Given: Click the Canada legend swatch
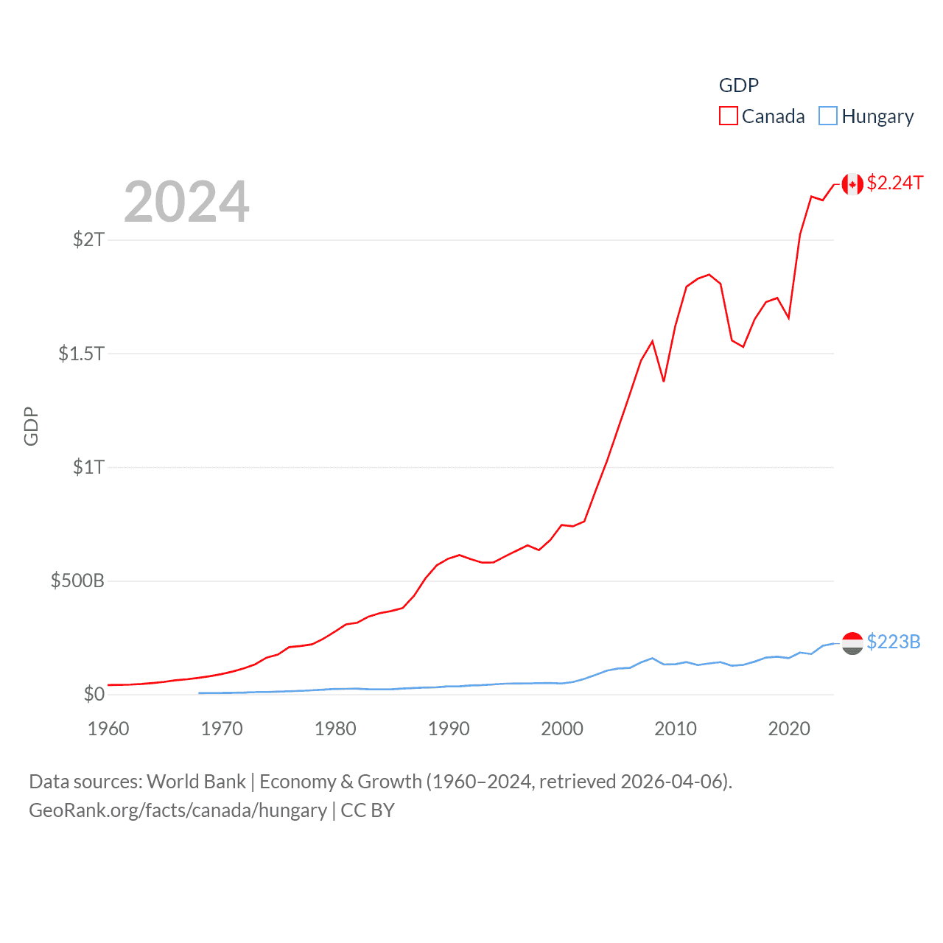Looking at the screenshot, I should coord(728,116).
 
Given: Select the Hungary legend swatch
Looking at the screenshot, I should coord(828,116).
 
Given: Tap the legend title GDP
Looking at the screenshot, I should coord(738,85).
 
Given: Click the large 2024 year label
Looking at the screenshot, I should coord(186,202).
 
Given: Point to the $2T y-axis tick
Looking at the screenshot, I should coord(88,239).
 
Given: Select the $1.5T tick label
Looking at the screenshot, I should coord(81,354).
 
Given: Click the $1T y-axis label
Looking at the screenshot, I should coord(88,467).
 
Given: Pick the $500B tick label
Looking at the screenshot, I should coord(77,581).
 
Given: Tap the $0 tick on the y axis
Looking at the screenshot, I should coord(94,694).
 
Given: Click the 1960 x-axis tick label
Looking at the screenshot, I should coord(108,729).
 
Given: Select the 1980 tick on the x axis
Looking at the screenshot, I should coord(335,729).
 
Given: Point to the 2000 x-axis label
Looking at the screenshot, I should coord(562,729).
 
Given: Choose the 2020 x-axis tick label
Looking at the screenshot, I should coord(789,729).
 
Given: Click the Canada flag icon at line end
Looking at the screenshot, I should coord(852,184).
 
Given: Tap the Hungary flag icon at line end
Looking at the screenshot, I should coord(852,643).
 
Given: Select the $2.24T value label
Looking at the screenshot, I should coord(894,183).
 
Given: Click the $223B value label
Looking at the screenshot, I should coord(893,642).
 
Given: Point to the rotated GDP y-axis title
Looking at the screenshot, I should coord(31,426).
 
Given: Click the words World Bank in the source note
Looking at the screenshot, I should coord(196,782).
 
